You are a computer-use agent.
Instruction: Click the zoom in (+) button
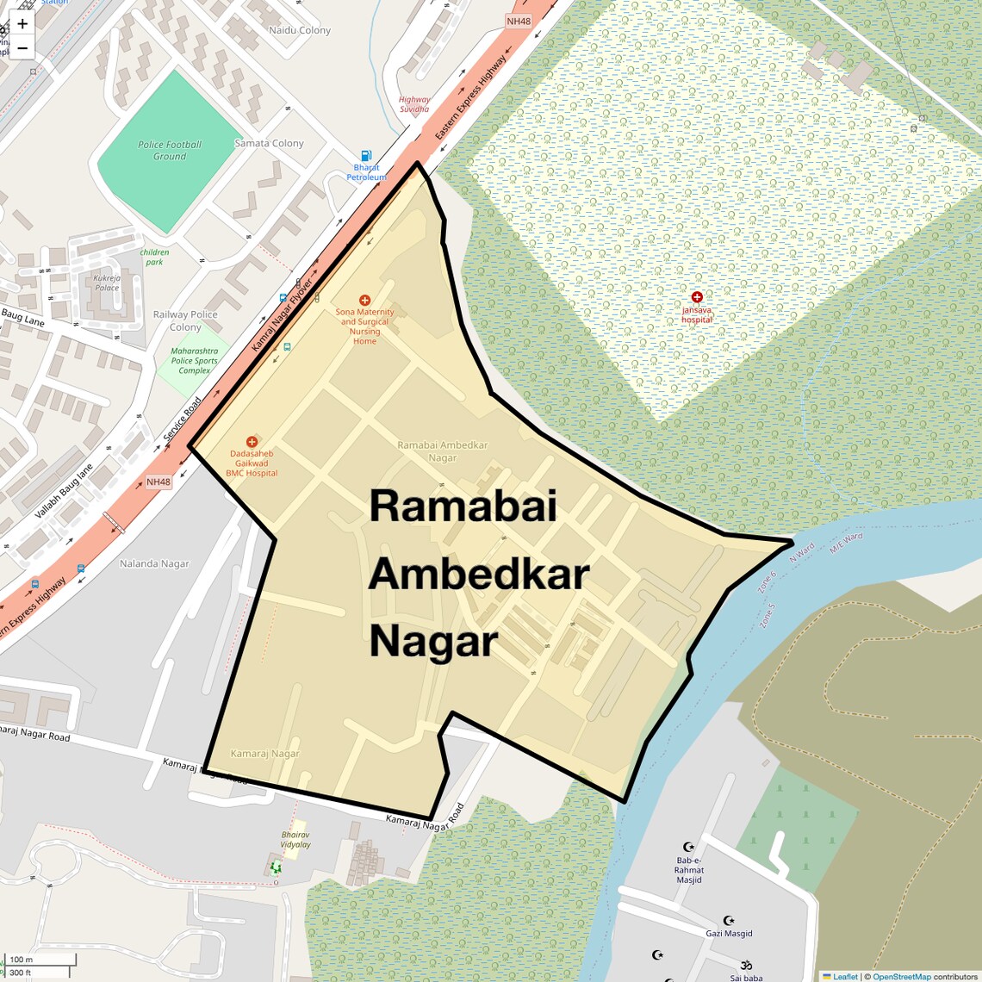coord(22,24)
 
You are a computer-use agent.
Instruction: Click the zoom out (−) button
coord(22,48)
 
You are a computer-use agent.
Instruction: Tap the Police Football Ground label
coord(170,151)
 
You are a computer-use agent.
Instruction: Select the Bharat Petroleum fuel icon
coord(367,156)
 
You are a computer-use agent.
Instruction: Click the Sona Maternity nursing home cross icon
coord(364,301)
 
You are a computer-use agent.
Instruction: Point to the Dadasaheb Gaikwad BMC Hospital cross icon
coord(252,442)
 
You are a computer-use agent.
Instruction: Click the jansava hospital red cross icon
coord(697,297)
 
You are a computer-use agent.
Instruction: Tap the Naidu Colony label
coord(300,30)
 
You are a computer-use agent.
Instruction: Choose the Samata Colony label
coord(269,143)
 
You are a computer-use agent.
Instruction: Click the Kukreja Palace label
coord(108,283)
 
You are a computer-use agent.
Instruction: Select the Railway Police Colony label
coord(185,320)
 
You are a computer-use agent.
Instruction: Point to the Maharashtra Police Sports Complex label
coord(194,360)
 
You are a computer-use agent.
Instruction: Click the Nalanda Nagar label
coord(154,563)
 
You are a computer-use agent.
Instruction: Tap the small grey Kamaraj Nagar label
coord(264,753)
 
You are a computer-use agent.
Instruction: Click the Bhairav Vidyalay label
coord(295,839)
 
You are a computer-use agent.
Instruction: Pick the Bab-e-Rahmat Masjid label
coord(689,870)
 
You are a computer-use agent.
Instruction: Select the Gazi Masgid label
coord(729,933)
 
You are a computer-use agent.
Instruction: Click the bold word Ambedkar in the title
coord(479,574)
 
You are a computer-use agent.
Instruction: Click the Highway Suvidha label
coord(414,104)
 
